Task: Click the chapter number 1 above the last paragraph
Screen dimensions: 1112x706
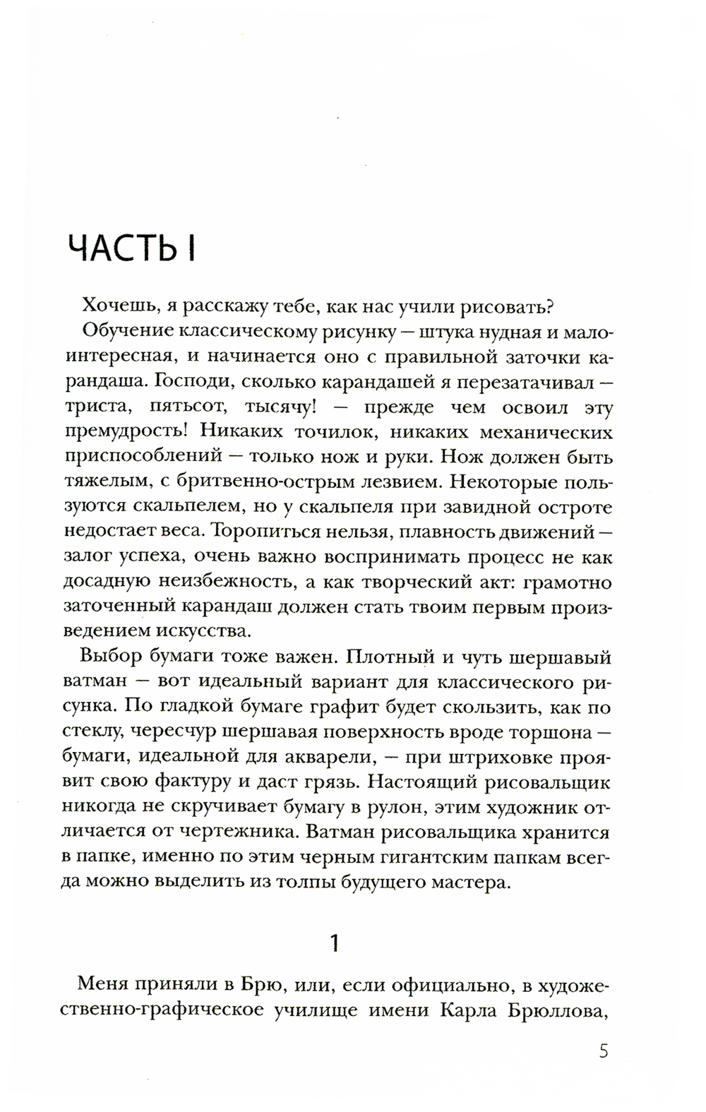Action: (335, 943)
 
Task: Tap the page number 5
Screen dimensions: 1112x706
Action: (602, 1053)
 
